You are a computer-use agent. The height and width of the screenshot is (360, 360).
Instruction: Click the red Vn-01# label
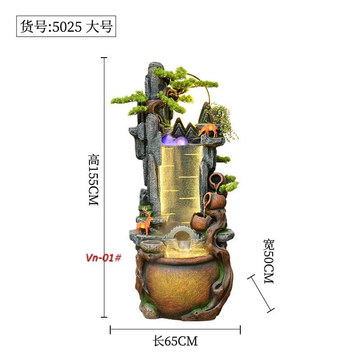pos(103,257)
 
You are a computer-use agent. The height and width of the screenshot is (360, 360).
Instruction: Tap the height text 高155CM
pos(94,180)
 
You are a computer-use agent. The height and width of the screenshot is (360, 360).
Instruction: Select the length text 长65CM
pos(175,341)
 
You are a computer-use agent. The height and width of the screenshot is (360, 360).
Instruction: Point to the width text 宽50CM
pos(269,261)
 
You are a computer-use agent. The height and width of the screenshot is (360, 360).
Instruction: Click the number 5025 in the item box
pos(67,27)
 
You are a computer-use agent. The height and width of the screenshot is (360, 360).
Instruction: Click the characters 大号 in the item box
pos(99,27)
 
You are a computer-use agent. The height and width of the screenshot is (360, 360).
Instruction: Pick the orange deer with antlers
pos(144,221)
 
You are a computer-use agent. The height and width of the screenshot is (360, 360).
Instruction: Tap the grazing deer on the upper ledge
pos(208,130)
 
